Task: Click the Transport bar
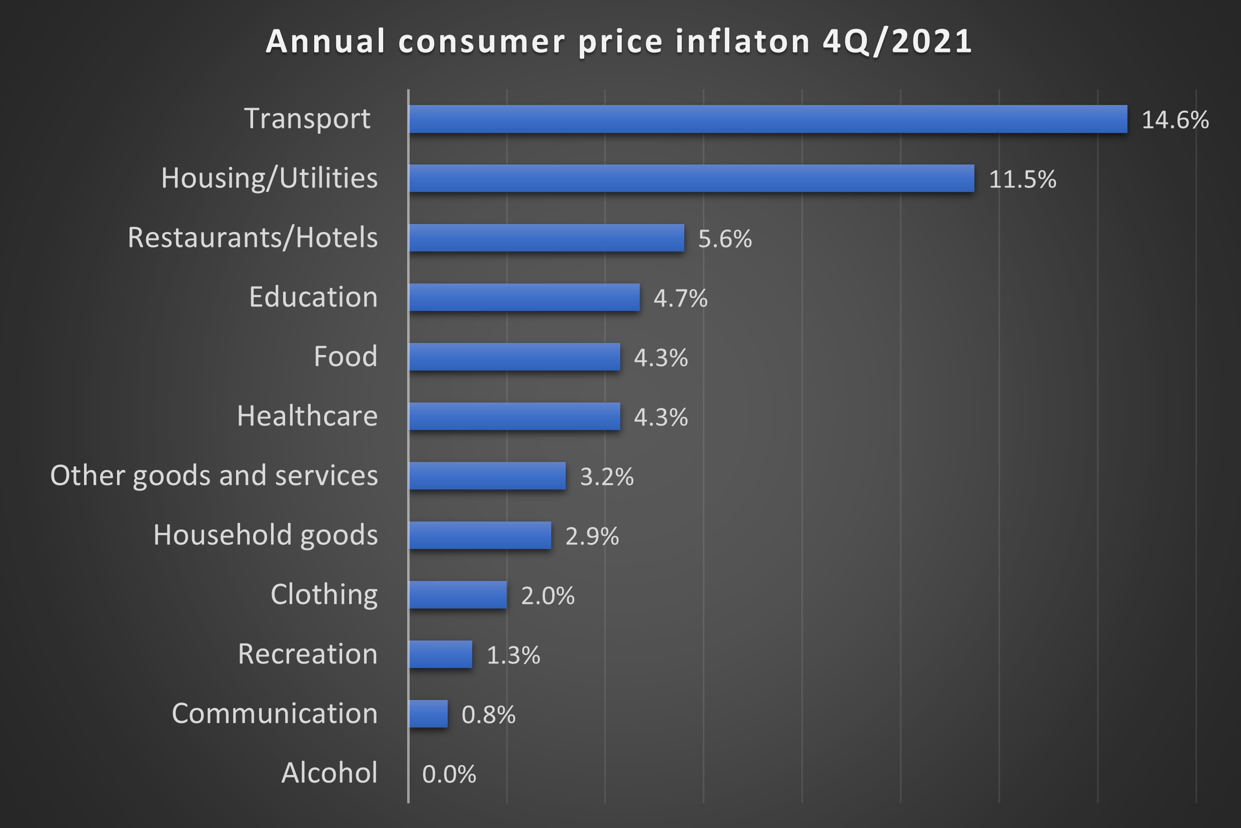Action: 767,119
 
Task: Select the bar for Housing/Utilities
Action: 691,178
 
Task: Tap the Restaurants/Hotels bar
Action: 546,237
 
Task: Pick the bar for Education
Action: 524,297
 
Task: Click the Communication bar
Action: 428,714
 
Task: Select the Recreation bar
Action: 440,654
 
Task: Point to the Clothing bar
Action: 458,594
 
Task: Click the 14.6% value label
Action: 1175,120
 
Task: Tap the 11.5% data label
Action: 1022,179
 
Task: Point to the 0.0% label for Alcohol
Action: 449,774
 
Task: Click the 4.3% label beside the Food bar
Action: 660,358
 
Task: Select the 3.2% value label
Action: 607,477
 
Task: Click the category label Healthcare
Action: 307,416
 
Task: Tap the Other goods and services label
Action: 214,475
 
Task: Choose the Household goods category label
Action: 265,535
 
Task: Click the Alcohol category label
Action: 329,773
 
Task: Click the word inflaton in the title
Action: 743,41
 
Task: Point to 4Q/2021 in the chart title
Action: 897,41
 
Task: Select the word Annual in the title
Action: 326,41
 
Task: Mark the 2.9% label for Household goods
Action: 592,536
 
